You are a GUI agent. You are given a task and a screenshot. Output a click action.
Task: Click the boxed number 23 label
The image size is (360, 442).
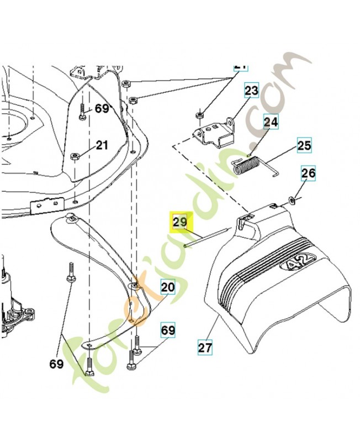[251, 91]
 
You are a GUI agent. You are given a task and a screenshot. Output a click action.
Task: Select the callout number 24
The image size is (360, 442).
[271, 120]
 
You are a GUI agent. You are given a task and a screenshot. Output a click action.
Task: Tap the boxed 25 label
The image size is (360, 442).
[304, 146]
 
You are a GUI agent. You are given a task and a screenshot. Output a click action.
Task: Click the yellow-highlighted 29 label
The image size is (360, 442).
[180, 223]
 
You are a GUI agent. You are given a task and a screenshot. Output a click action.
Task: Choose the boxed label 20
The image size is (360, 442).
[167, 287]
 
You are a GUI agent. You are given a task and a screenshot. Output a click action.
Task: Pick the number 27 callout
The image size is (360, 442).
[205, 348]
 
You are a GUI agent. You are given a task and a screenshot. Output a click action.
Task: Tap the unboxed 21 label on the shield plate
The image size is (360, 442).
[102, 145]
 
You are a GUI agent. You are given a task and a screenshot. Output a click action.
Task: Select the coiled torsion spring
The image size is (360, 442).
[247, 165]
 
